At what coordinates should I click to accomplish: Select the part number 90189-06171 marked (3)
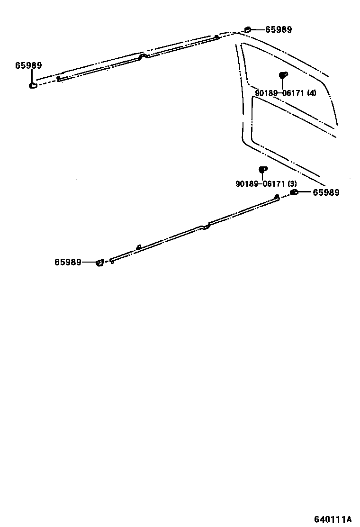261,184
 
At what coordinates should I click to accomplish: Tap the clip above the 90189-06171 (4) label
282,75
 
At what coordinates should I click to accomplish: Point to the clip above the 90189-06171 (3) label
262,169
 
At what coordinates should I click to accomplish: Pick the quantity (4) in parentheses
311,93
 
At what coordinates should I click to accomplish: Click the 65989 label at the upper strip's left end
28,66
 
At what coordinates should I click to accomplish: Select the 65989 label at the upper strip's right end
279,29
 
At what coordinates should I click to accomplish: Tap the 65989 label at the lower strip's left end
68,262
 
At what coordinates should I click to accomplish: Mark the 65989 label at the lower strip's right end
326,192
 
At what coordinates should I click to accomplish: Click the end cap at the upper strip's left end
33,86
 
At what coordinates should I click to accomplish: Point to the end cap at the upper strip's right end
247,30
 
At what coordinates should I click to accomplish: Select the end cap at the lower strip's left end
99,263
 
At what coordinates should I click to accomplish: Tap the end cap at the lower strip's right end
294,192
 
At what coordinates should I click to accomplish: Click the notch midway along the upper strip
143,56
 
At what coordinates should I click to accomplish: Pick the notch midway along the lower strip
205,228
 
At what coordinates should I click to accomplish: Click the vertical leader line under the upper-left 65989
33,76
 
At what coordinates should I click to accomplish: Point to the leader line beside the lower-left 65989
89,262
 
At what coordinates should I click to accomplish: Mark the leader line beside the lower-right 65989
305,192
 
